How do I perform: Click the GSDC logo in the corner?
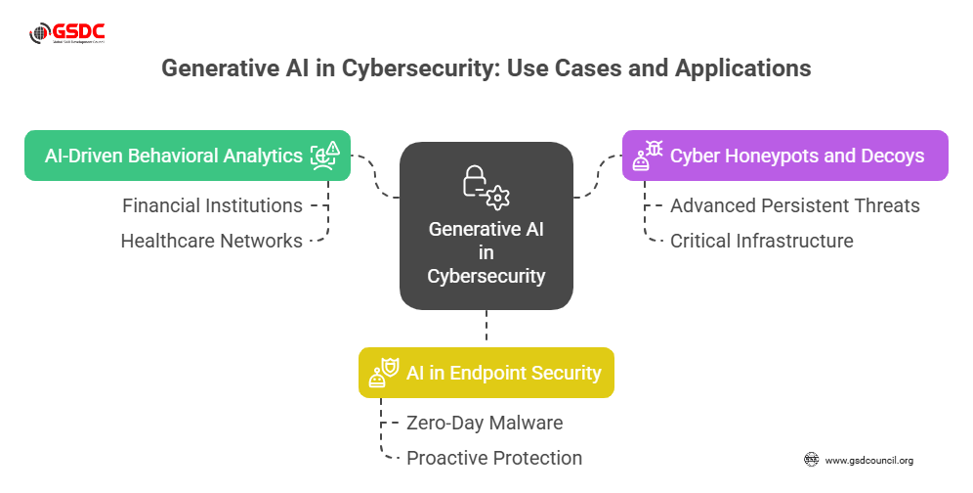click(67, 35)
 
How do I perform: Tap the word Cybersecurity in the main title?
click(411, 69)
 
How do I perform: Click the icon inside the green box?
click(325, 156)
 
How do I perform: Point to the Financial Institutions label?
click(212, 205)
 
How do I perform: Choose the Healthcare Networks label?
click(211, 240)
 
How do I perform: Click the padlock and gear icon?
click(486, 186)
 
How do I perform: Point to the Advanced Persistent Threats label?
click(795, 205)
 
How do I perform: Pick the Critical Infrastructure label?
click(762, 240)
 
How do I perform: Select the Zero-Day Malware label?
click(485, 423)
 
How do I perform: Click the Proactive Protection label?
click(494, 457)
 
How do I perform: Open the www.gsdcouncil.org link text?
click(869, 460)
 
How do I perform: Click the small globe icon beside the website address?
click(811, 459)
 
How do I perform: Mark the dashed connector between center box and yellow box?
click(486, 329)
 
